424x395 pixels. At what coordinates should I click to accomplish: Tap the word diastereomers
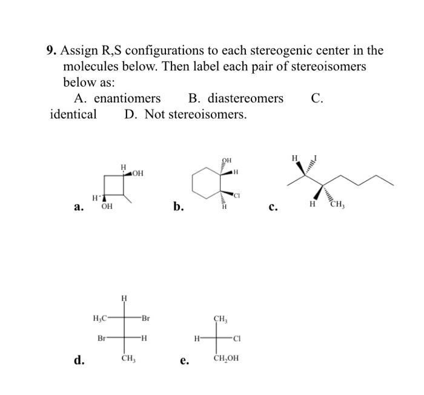[x=236, y=98]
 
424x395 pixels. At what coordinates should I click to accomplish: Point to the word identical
[x=73, y=114]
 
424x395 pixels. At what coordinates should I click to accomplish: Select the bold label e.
[x=184, y=362]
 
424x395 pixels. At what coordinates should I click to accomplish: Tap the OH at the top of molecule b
[x=227, y=161]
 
